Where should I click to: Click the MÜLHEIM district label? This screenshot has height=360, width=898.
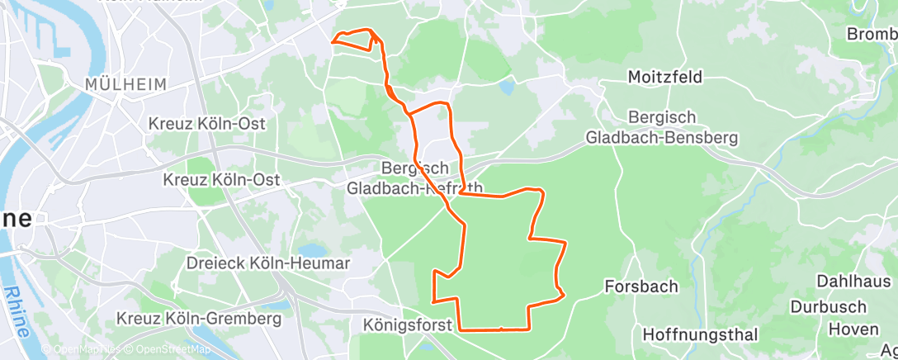pos(126,84)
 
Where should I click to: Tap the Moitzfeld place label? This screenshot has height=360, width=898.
pos(664,77)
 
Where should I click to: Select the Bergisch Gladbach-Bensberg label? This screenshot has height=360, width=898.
pos(662,128)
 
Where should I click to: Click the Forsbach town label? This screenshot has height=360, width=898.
pos(641,287)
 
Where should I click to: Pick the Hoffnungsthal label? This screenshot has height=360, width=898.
pos(700,334)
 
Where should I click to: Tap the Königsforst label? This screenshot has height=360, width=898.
pos(408,325)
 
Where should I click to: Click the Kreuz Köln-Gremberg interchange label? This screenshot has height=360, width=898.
pos(199,318)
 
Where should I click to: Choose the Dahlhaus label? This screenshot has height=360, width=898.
pos(854,281)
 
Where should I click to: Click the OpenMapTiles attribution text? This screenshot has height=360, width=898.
pos(87,350)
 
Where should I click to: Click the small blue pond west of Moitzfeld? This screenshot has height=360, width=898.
pos(506,85)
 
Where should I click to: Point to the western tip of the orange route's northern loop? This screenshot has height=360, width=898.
pos(333,41)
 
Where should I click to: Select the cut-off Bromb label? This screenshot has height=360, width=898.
pos(872,34)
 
